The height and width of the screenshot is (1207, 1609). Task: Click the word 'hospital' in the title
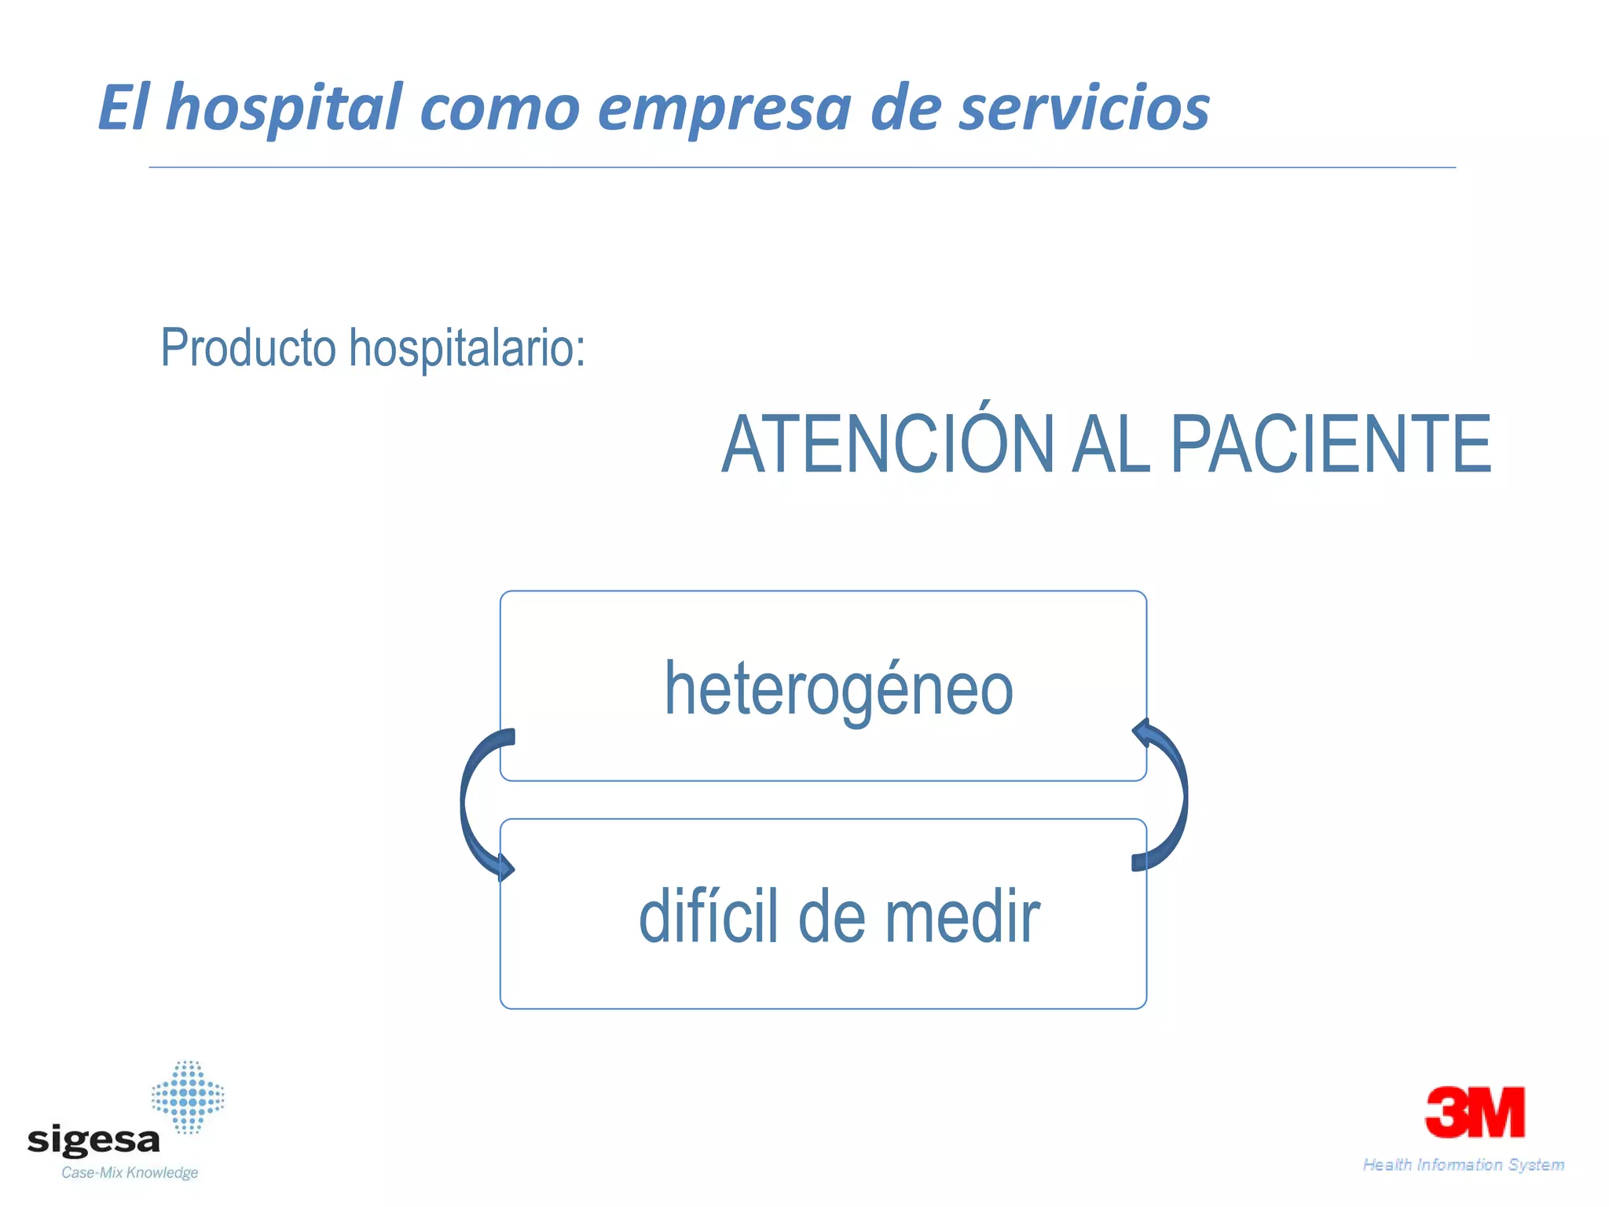284,108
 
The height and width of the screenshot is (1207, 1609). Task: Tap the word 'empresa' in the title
724,109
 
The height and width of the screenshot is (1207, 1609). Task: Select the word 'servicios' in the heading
1083,108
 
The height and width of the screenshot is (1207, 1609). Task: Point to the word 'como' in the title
500,109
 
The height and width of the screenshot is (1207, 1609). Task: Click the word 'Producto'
248,347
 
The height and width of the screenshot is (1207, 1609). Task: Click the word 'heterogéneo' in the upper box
838,690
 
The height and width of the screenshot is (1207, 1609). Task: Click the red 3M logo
1475,1112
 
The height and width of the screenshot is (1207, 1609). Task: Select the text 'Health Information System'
1463,1165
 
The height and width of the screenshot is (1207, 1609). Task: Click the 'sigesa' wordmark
93,1140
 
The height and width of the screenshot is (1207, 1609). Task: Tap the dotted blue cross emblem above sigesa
188,1097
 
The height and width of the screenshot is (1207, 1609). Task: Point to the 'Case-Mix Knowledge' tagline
130,1173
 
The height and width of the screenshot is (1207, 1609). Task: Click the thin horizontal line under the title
801,167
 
